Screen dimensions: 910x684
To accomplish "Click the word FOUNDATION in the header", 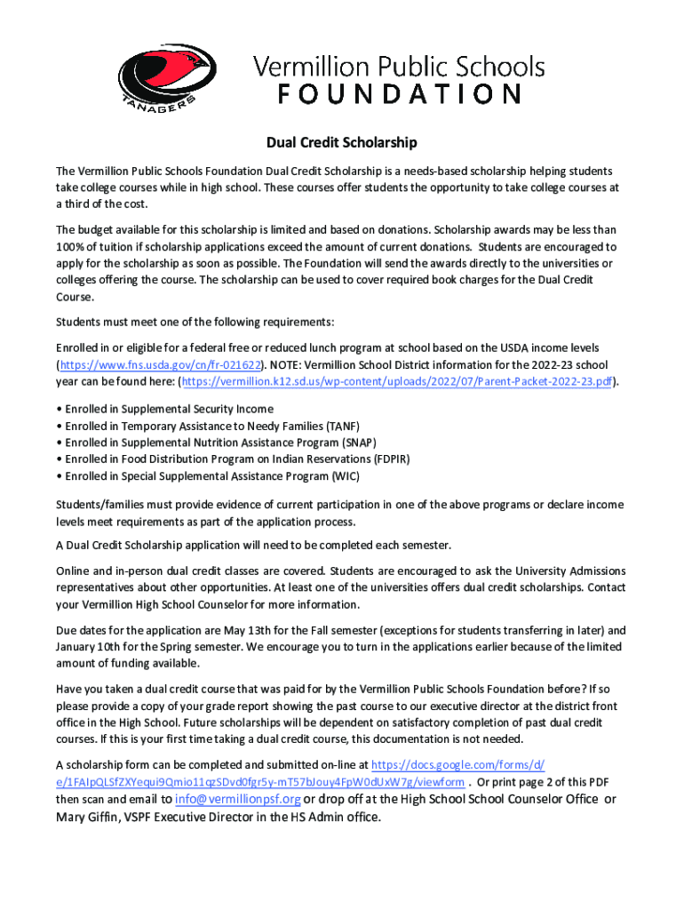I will coord(399,94).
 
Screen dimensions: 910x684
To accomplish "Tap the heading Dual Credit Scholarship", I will coord(343,142).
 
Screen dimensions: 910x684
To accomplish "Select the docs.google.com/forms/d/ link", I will coord(457,765).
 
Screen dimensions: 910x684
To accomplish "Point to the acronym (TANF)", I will coord(343,426).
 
